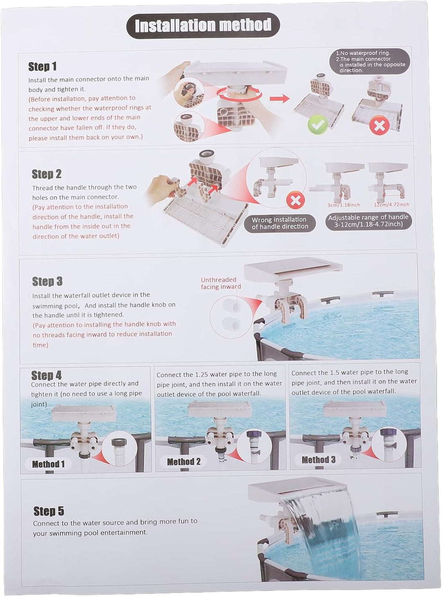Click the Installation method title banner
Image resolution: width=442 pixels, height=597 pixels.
click(203, 25)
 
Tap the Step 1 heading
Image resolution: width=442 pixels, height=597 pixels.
click(42, 67)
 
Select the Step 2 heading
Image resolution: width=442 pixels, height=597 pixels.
click(47, 174)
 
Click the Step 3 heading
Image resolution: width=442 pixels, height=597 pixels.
click(47, 282)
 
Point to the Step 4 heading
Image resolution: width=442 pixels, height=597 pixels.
click(46, 375)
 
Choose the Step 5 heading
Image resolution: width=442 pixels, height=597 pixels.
click(49, 511)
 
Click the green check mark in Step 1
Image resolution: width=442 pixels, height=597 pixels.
click(317, 125)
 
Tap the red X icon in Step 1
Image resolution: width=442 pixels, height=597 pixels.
click(379, 126)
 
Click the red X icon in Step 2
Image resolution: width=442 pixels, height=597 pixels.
click(295, 201)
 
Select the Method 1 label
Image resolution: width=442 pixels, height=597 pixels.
click(48, 464)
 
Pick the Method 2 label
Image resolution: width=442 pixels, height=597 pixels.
click(184, 462)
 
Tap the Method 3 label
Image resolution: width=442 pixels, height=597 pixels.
click(318, 460)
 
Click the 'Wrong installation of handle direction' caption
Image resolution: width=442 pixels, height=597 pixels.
click(280, 223)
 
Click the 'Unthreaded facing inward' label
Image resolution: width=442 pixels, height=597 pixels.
click(221, 283)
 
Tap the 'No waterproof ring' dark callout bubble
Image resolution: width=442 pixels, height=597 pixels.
click(370, 61)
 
